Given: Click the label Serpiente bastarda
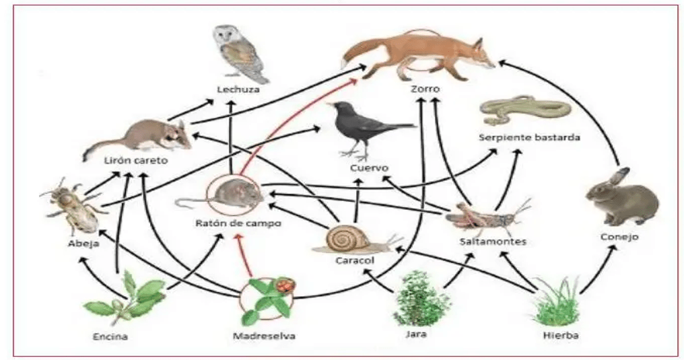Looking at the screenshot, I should point(529,137).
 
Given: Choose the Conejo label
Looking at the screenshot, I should point(619,237).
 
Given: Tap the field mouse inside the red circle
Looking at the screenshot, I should point(231,194).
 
